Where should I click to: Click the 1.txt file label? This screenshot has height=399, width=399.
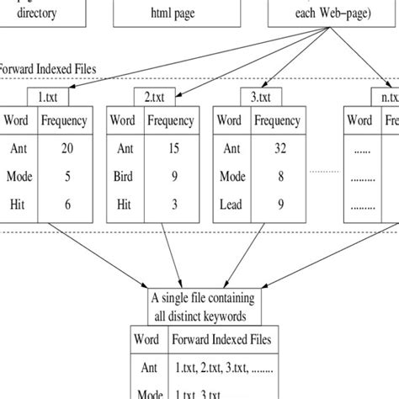(47, 96)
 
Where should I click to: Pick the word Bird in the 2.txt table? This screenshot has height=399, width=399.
(125, 178)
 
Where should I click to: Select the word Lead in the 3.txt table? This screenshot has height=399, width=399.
(232, 205)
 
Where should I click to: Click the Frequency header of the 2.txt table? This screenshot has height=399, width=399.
(171, 120)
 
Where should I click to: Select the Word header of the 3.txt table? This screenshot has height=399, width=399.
(232, 120)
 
